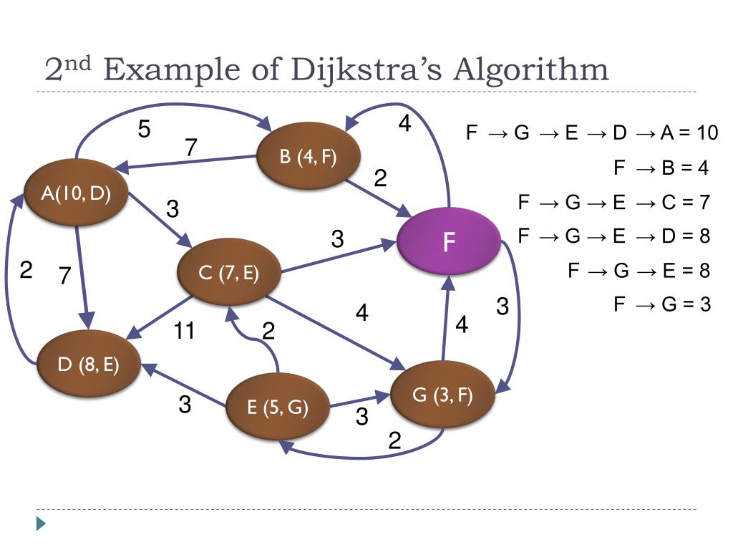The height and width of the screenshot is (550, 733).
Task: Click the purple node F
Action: [x=449, y=241]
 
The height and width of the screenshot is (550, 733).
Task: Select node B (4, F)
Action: [x=309, y=158]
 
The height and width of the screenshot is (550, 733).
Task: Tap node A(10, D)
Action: [x=76, y=193]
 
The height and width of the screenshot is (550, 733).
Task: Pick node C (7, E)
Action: [x=228, y=273]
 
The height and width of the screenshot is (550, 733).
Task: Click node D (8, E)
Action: [x=88, y=365]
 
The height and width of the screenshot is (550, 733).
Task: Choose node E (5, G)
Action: [x=278, y=407]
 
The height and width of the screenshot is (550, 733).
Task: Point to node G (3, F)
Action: [x=442, y=395]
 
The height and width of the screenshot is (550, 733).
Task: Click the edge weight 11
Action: [x=185, y=331]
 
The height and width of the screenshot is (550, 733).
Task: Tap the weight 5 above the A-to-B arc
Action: [x=145, y=130]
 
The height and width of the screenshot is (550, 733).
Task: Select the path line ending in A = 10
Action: [x=591, y=133]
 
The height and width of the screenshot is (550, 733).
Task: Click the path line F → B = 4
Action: [x=661, y=168]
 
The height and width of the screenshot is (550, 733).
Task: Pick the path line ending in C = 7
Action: [x=613, y=203]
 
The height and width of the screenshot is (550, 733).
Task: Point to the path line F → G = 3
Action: [x=662, y=304]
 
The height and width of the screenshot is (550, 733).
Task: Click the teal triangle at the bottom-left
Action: [x=41, y=524]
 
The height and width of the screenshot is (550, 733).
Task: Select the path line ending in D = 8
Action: [x=613, y=236]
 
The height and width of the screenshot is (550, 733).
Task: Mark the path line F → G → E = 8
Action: [x=639, y=271]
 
